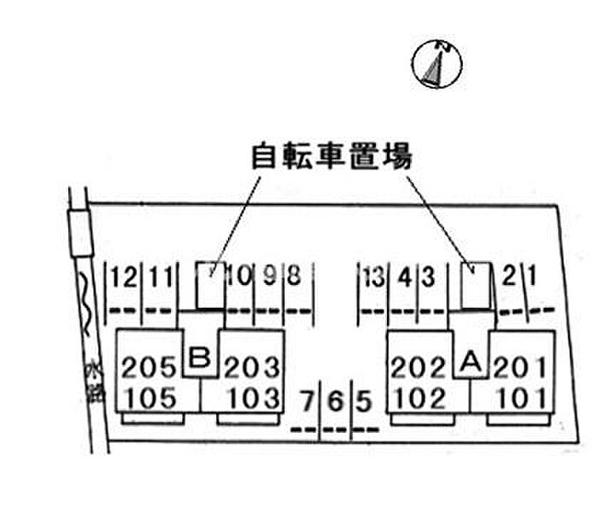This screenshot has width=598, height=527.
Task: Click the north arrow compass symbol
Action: coord(437,64)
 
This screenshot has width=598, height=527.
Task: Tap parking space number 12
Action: coord(124,277)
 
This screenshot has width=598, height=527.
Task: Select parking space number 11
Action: coord(161,277)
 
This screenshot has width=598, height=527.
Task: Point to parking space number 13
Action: coord(374,277)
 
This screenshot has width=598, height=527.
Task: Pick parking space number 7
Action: coord(308,401)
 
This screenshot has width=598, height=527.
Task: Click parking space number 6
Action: coord(335,401)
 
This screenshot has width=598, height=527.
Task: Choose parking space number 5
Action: coord(364,401)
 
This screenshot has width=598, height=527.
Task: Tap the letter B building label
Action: coord(200,358)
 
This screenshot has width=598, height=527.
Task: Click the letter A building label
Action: coord(472,361)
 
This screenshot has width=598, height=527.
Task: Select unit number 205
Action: coord(149,367)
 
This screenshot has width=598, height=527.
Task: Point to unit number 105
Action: coord(150,398)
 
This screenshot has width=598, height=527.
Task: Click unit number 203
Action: coord(252,367)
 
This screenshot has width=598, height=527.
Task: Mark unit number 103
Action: coord(254,398)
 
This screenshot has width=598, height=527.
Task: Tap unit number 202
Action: coord(419,367)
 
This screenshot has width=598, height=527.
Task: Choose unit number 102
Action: coord(420,399)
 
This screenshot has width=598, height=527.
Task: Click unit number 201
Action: coord(520,367)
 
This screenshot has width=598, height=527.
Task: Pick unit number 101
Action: coord(522,399)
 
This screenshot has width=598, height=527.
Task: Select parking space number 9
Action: coord(270,275)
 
